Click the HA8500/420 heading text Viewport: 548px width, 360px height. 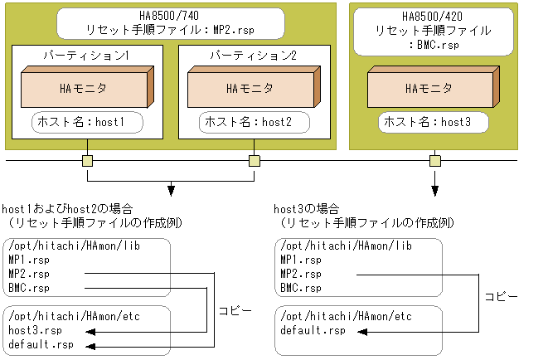431,15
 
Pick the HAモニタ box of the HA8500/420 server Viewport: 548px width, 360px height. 430,86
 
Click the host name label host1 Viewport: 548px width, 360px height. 87,123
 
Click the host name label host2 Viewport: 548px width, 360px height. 255,123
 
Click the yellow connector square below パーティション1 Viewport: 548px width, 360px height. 86,160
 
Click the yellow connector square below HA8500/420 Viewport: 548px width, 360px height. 433,160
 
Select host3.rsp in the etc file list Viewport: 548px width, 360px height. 34,330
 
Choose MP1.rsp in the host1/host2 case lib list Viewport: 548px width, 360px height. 28,260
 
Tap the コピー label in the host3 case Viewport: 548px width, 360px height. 502,295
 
